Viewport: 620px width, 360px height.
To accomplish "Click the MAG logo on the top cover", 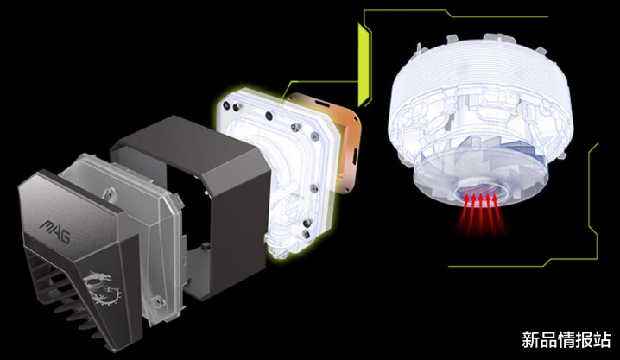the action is (x=55, y=231).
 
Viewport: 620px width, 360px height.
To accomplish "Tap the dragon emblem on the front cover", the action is (x=102, y=287).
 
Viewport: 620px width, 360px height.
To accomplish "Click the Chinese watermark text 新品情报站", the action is (x=566, y=340).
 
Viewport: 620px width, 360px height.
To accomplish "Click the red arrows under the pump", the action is (x=480, y=212).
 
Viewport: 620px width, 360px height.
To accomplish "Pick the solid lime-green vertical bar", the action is (x=363, y=66).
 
